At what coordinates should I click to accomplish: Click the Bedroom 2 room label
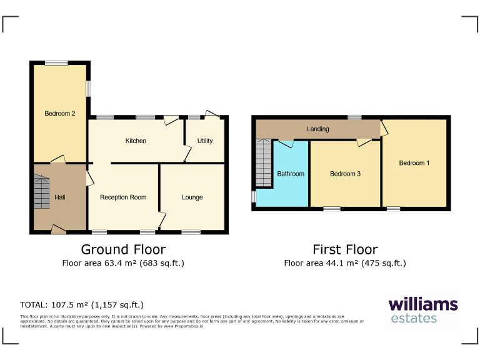coord(60,114)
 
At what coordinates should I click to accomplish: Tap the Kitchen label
coord(136,141)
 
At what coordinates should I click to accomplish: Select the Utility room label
coord(205,141)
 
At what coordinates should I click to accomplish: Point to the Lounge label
coord(192,197)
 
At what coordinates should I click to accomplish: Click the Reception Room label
coord(123,197)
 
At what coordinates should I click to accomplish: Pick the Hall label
coord(60,197)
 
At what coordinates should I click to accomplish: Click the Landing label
coord(317,129)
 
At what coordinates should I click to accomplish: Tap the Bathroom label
coord(291,174)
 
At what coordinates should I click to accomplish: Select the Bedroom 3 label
coord(345,174)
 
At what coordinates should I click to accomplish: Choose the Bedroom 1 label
coord(414,163)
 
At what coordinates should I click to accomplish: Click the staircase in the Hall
coord(41,191)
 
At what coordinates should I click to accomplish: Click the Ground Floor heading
coord(123,250)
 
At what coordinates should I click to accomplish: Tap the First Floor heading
coord(345,250)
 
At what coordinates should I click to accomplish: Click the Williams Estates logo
coord(423,311)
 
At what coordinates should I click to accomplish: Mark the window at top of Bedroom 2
coord(56,62)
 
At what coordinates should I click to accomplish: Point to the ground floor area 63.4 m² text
coord(123,263)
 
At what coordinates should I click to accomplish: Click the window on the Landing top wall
coord(354,117)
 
